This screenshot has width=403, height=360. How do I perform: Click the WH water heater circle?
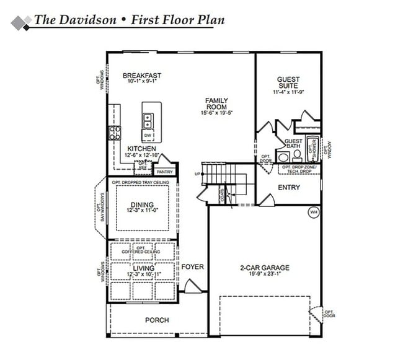coord(314,212)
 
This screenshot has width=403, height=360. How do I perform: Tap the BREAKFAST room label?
coord(141,76)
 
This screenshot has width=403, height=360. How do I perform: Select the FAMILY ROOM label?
coord(217,103)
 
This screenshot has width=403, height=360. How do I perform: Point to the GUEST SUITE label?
coord(288,83)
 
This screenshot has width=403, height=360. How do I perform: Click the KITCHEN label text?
coord(141,149)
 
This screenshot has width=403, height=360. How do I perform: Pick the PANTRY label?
coord(164,172)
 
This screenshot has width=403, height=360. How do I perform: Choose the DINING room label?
coord(142,205)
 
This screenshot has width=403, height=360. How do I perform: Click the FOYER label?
coord(193,267)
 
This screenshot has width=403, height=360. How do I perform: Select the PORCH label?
coord(157,320)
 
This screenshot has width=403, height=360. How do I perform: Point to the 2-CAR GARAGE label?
coord(265,268)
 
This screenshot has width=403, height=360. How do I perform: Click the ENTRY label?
coord(289,187)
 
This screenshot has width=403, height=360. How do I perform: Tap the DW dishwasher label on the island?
coord(148,135)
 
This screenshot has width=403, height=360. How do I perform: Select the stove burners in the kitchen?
coord(115,132)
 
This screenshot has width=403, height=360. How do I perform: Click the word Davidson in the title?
coord(88,19)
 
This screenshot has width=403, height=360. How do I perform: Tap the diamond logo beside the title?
coord(21,22)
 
